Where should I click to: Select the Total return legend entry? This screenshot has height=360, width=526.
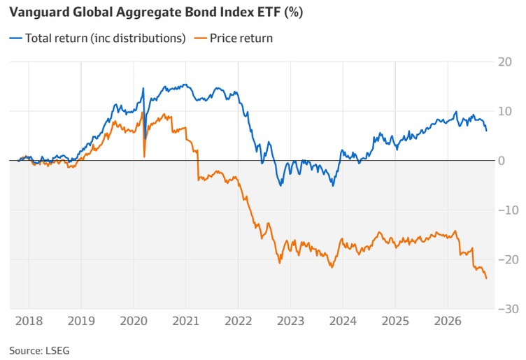pos(97,38)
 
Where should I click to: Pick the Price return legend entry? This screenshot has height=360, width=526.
pos(234,38)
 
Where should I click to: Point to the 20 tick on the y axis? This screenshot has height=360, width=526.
pos(505,62)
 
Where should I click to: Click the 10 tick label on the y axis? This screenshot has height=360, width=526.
pos(505,111)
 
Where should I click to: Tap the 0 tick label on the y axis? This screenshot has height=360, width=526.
pos(502,161)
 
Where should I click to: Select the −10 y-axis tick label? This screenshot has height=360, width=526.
pos(509,210)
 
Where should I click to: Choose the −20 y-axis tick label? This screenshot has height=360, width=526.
pos(509,259)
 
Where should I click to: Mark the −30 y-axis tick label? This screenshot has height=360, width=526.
pos(509,309)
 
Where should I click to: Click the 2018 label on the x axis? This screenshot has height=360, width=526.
pos(29,321)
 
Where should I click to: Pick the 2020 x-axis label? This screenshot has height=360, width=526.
pos(134,321)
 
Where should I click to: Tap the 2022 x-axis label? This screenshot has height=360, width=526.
pos(239,321)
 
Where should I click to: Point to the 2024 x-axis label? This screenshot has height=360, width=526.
pos(343,321)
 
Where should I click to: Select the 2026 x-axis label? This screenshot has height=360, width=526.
pos(448,321)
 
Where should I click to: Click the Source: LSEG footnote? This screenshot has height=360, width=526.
pos(39,351)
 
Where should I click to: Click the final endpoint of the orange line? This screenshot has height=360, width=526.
pos(486,278)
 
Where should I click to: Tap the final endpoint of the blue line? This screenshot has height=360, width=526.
pos(486,131)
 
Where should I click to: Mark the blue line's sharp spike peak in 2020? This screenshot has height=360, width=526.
pos(143,88)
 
